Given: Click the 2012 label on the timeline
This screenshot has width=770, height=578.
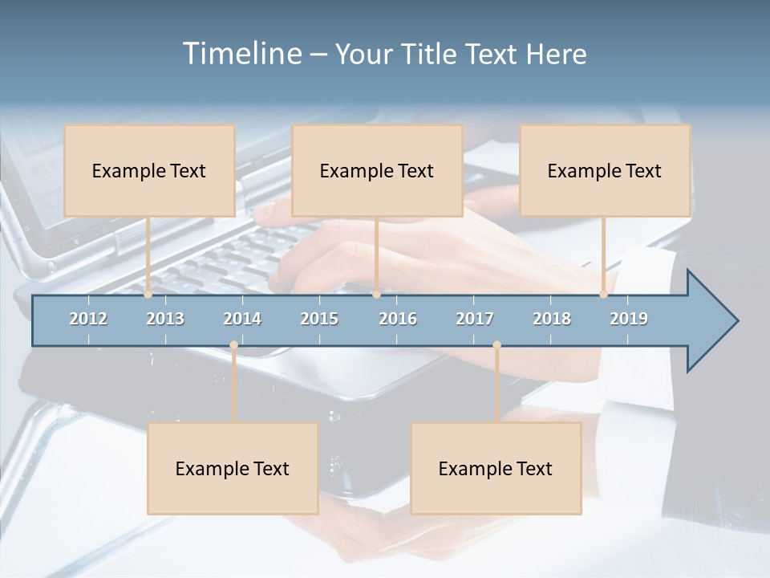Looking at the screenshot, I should tap(88, 319).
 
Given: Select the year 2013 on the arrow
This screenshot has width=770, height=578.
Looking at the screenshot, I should tap(165, 319).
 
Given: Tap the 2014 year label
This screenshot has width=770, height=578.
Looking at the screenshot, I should tap(242, 319).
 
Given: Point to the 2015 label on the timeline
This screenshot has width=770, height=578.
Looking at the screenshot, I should tap(319, 319).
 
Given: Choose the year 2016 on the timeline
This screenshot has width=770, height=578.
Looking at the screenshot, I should tap(398, 319).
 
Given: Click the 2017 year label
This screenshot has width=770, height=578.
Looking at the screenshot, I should tap(475, 319).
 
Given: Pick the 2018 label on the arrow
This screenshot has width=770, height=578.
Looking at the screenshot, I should tap(552, 319).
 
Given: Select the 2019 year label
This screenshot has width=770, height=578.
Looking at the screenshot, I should tap(629, 319).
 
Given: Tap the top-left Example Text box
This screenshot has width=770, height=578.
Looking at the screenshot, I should tap(149, 170).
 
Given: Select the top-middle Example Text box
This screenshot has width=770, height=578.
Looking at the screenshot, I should tap(377, 170).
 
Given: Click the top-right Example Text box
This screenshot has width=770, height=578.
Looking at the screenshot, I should tap(605, 170).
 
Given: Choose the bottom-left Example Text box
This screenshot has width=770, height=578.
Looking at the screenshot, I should tap(233, 468).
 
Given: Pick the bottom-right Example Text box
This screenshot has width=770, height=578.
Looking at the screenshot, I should tap(496, 468).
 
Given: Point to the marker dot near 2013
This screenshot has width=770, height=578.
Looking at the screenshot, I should tap(148, 295).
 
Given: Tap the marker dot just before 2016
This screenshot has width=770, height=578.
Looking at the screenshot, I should tap(376, 295).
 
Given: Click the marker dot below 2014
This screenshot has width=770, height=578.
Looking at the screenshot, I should tap(233, 345).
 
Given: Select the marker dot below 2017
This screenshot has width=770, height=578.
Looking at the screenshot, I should tap(496, 345).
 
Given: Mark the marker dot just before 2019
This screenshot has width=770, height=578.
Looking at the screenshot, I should tap(603, 295).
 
